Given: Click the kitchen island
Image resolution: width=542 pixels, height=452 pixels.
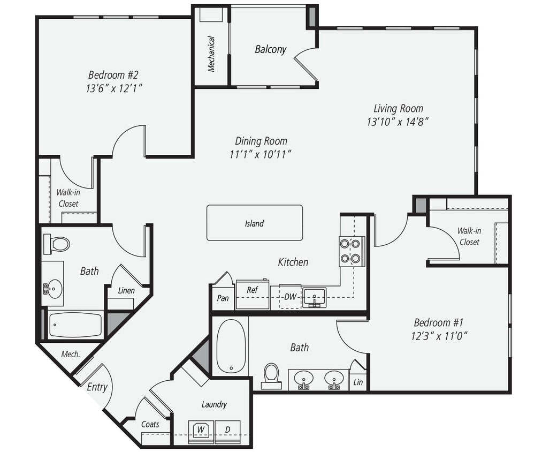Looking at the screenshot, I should (255, 223).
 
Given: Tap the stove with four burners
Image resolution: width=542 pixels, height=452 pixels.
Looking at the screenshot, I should (352, 251).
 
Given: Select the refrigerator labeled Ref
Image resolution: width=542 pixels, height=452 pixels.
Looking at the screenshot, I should (253, 294).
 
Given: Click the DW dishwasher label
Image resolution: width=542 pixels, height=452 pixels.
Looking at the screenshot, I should (290, 296).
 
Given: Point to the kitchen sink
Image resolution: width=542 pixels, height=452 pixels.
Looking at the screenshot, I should (314, 297).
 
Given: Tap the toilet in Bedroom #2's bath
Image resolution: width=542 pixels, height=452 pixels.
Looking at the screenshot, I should (58, 244).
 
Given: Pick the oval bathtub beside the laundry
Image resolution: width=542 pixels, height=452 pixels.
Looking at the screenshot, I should (231, 345).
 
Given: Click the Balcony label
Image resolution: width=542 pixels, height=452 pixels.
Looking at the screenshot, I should (270, 49).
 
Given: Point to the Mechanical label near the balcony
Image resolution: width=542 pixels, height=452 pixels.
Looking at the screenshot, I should (211, 54).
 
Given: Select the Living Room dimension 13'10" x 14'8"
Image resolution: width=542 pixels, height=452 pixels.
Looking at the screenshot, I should (398, 122).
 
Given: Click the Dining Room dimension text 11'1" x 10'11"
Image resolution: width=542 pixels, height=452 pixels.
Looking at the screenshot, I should (261, 154).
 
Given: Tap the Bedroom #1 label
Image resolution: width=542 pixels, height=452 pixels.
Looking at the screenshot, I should (438, 322).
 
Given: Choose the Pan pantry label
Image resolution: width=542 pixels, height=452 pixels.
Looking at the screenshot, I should (223, 298).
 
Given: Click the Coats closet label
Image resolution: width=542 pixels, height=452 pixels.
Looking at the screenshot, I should (150, 424).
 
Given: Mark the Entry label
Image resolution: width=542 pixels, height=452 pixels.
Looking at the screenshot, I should (97, 387).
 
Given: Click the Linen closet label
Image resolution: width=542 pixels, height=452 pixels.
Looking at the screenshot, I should (126, 290).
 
